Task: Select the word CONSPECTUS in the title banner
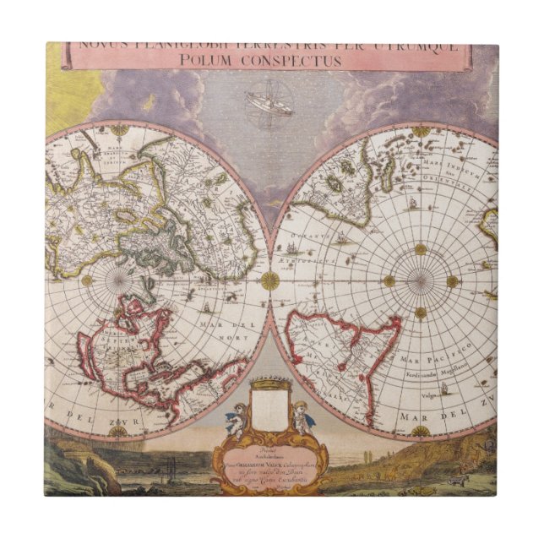[291, 61]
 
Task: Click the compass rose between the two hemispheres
[270, 280]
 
